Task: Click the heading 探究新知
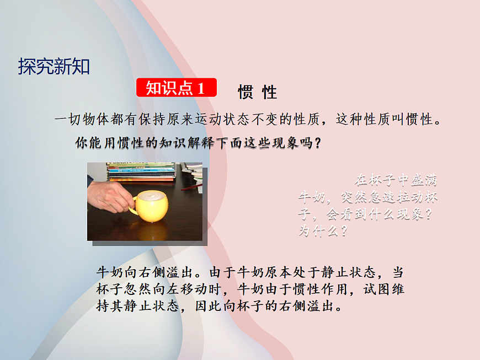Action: [x=54, y=67]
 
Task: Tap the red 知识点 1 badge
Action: [x=176, y=88]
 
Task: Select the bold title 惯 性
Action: [x=257, y=92]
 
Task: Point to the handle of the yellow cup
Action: [x=133, y=207]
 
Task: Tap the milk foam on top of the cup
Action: [x=151, y=195]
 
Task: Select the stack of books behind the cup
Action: [x=141, y=171]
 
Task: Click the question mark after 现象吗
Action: [x=317, y=143]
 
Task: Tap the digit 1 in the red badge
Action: [x=200, y=88]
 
